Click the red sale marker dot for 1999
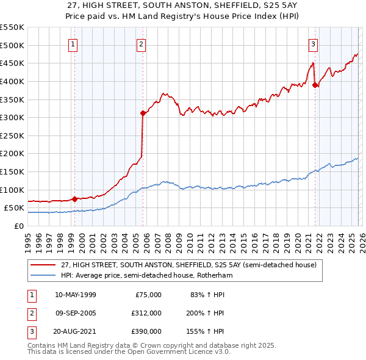[74, 198]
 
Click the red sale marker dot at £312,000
[143, 113]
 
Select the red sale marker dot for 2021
[315, 85]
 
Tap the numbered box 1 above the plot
[73, 43]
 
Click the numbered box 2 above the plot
[141, 43]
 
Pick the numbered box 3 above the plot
[313, 43]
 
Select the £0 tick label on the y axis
[18, 226]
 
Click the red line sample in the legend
[43, 265]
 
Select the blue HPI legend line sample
[43, 276]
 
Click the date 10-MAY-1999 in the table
[76, 295]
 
